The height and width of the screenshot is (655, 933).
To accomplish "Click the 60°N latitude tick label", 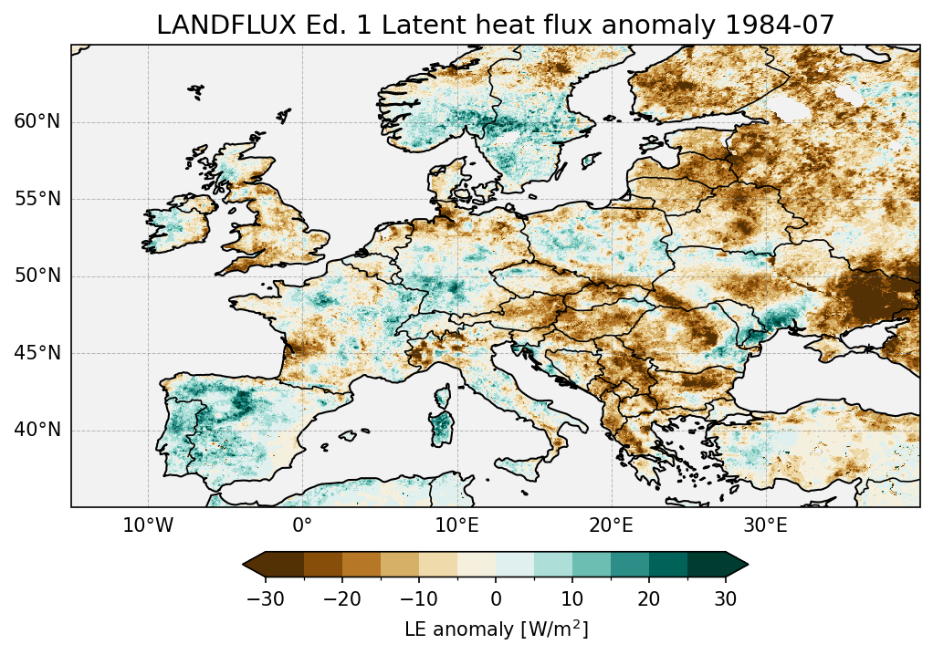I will click(x=37, y=122).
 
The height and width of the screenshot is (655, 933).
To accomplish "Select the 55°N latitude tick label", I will click(x=37, y=199).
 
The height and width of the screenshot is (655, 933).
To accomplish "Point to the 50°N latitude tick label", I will click(x=37, y=276).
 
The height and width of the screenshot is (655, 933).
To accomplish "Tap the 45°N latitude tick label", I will click(x=37, y=353).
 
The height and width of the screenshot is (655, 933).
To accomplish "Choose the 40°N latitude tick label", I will click(x=37, y=430).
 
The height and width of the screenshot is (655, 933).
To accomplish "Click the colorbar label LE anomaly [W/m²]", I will click(x=496, y=629).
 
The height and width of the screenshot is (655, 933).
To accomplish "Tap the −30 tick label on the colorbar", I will click(x=266, y=599).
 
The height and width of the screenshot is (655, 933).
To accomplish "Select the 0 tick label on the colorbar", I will click(x=496, y=599).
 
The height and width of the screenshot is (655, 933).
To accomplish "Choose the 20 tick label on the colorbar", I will click(x=649, y=599).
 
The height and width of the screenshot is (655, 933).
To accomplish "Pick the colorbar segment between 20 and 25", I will click(x=668, y=565).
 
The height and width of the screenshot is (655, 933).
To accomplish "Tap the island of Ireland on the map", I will click(x=179, y=225).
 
